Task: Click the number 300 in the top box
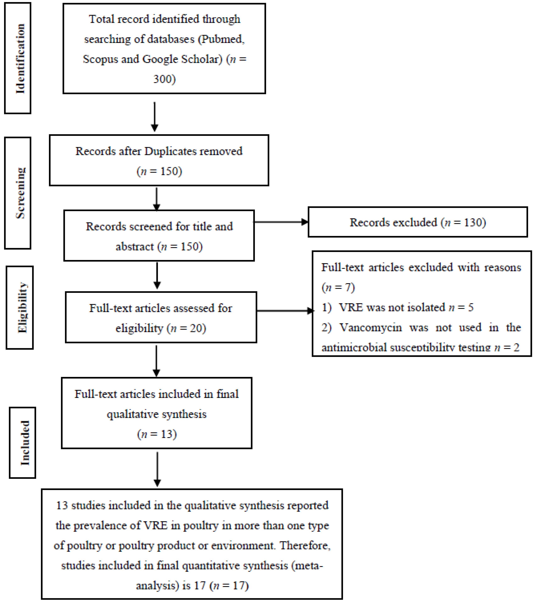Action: [x=164, y=79]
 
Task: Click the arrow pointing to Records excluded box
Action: [x=280, y=222]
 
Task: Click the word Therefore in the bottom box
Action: [x=305, y=545]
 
